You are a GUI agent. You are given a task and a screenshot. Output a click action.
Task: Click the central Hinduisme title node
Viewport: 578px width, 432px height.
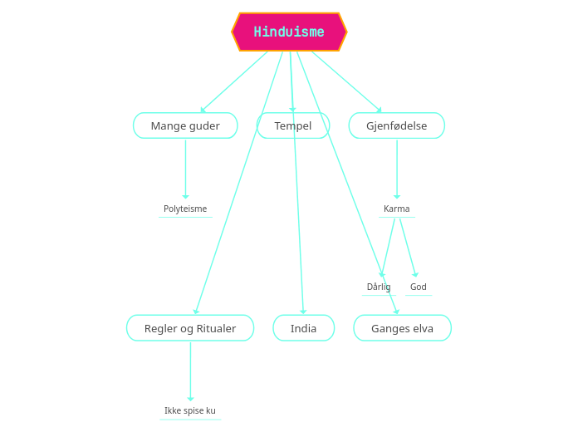289,32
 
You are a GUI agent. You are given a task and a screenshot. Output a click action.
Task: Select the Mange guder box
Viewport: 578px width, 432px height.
185,125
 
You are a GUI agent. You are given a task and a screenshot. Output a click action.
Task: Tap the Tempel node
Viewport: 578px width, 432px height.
293,125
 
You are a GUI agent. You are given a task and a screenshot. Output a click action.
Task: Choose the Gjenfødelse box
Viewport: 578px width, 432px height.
396,125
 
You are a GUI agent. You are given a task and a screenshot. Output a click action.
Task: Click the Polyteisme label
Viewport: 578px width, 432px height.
185,209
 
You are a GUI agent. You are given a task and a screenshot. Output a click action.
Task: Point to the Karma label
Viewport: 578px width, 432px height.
396,209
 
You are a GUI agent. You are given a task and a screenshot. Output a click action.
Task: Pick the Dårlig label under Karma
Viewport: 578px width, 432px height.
379,287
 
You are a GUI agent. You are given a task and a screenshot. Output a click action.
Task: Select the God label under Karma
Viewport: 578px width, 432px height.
418,287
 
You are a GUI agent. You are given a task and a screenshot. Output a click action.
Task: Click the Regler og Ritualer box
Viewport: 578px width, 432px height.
190,328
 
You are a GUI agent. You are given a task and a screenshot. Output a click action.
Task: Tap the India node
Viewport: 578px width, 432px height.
303,328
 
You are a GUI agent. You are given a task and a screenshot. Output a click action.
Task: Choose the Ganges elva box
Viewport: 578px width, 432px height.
402,328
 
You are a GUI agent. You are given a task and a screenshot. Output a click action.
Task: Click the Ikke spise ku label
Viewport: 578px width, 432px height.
190,410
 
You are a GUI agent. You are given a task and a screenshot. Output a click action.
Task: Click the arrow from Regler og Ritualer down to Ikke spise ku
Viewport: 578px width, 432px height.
190,371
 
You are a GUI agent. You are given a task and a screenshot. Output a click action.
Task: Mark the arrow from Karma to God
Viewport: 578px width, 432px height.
408,248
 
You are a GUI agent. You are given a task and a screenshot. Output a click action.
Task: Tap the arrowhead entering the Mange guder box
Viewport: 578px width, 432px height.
203,110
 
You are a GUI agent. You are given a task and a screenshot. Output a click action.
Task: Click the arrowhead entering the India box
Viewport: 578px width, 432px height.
303,312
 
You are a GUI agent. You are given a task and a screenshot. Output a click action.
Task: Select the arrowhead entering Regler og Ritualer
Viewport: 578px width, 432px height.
196,312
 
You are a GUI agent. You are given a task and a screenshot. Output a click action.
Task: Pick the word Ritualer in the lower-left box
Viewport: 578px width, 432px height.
216,328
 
